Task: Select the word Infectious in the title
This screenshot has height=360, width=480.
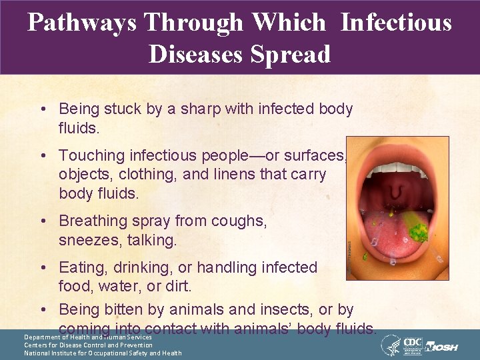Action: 396,23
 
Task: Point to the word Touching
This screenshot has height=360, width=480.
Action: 91,155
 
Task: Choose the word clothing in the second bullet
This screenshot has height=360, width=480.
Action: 163,175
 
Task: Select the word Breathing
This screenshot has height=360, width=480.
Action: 94,221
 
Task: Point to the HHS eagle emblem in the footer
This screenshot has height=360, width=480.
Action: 390,345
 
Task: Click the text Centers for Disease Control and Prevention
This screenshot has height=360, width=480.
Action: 88,345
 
